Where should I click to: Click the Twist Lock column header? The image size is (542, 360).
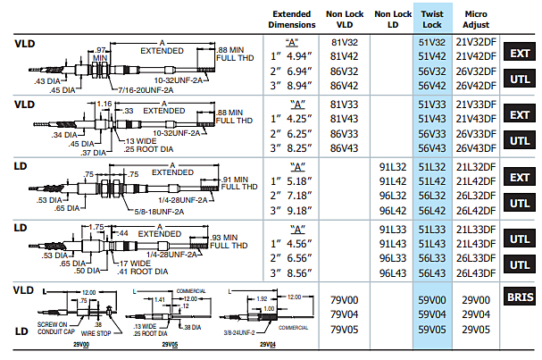[433, 21]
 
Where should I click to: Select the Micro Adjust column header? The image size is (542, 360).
[478, 21]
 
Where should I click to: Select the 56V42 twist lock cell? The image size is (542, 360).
[433, 86]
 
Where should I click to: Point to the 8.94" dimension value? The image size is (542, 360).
[294, 86]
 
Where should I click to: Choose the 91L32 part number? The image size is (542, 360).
[393, 168]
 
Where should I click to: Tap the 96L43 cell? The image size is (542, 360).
[393, 273]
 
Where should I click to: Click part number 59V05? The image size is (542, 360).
[433, 330]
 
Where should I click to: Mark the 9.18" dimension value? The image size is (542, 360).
[294, 211]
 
